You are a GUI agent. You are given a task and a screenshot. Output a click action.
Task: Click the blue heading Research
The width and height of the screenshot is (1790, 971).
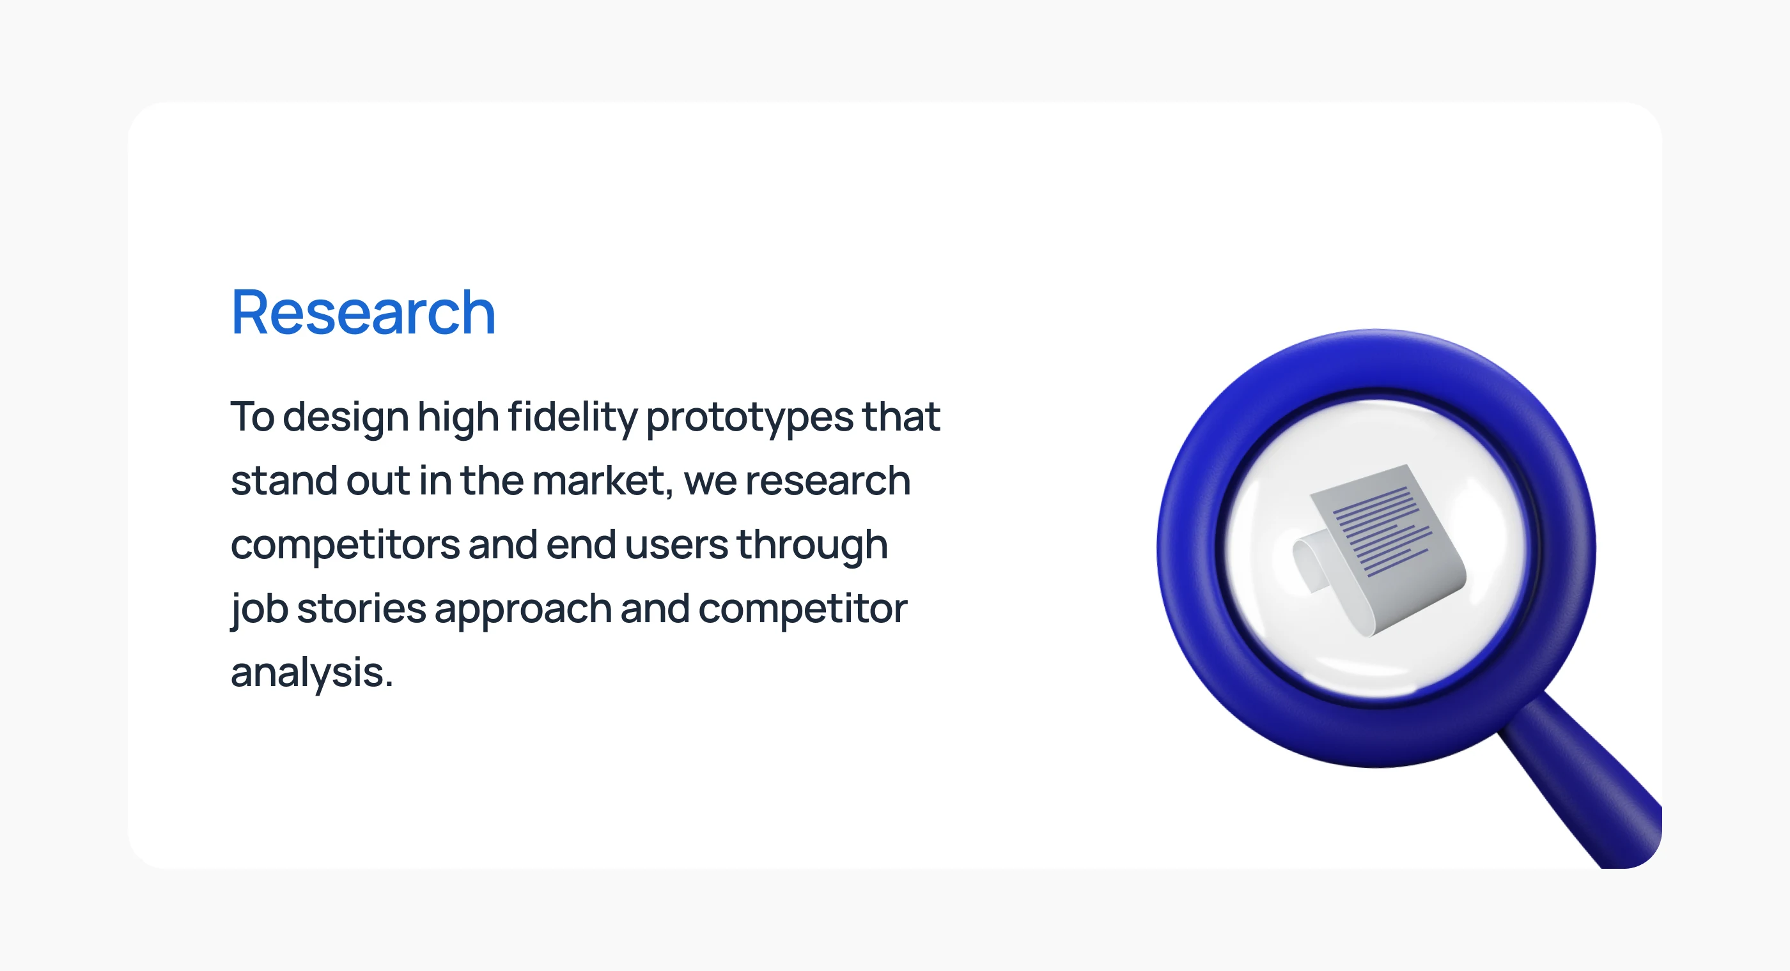pos(363,312)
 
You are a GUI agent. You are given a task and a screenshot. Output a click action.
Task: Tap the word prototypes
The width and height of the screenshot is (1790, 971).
pos(750,417)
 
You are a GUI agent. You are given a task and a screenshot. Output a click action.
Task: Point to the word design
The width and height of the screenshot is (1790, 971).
pos(345,417)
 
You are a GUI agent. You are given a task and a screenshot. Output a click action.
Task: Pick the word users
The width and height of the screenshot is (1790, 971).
pos(676,544)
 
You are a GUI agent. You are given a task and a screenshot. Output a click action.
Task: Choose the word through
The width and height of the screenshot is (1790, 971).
pos(813,544)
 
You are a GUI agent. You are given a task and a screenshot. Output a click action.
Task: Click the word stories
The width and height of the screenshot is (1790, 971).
pos(361,608)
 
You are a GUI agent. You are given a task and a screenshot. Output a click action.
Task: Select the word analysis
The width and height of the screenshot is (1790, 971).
pos(312,672)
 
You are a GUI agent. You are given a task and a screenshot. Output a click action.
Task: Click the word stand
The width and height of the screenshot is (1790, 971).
pos(284,480)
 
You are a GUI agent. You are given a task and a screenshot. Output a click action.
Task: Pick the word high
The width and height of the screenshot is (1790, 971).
pos(458,417)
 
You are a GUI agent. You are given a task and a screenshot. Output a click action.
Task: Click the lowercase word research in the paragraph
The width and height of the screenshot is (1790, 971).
pos(828,480)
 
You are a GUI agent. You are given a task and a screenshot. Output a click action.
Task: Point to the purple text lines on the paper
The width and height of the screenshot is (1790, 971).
pos(1382,531)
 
